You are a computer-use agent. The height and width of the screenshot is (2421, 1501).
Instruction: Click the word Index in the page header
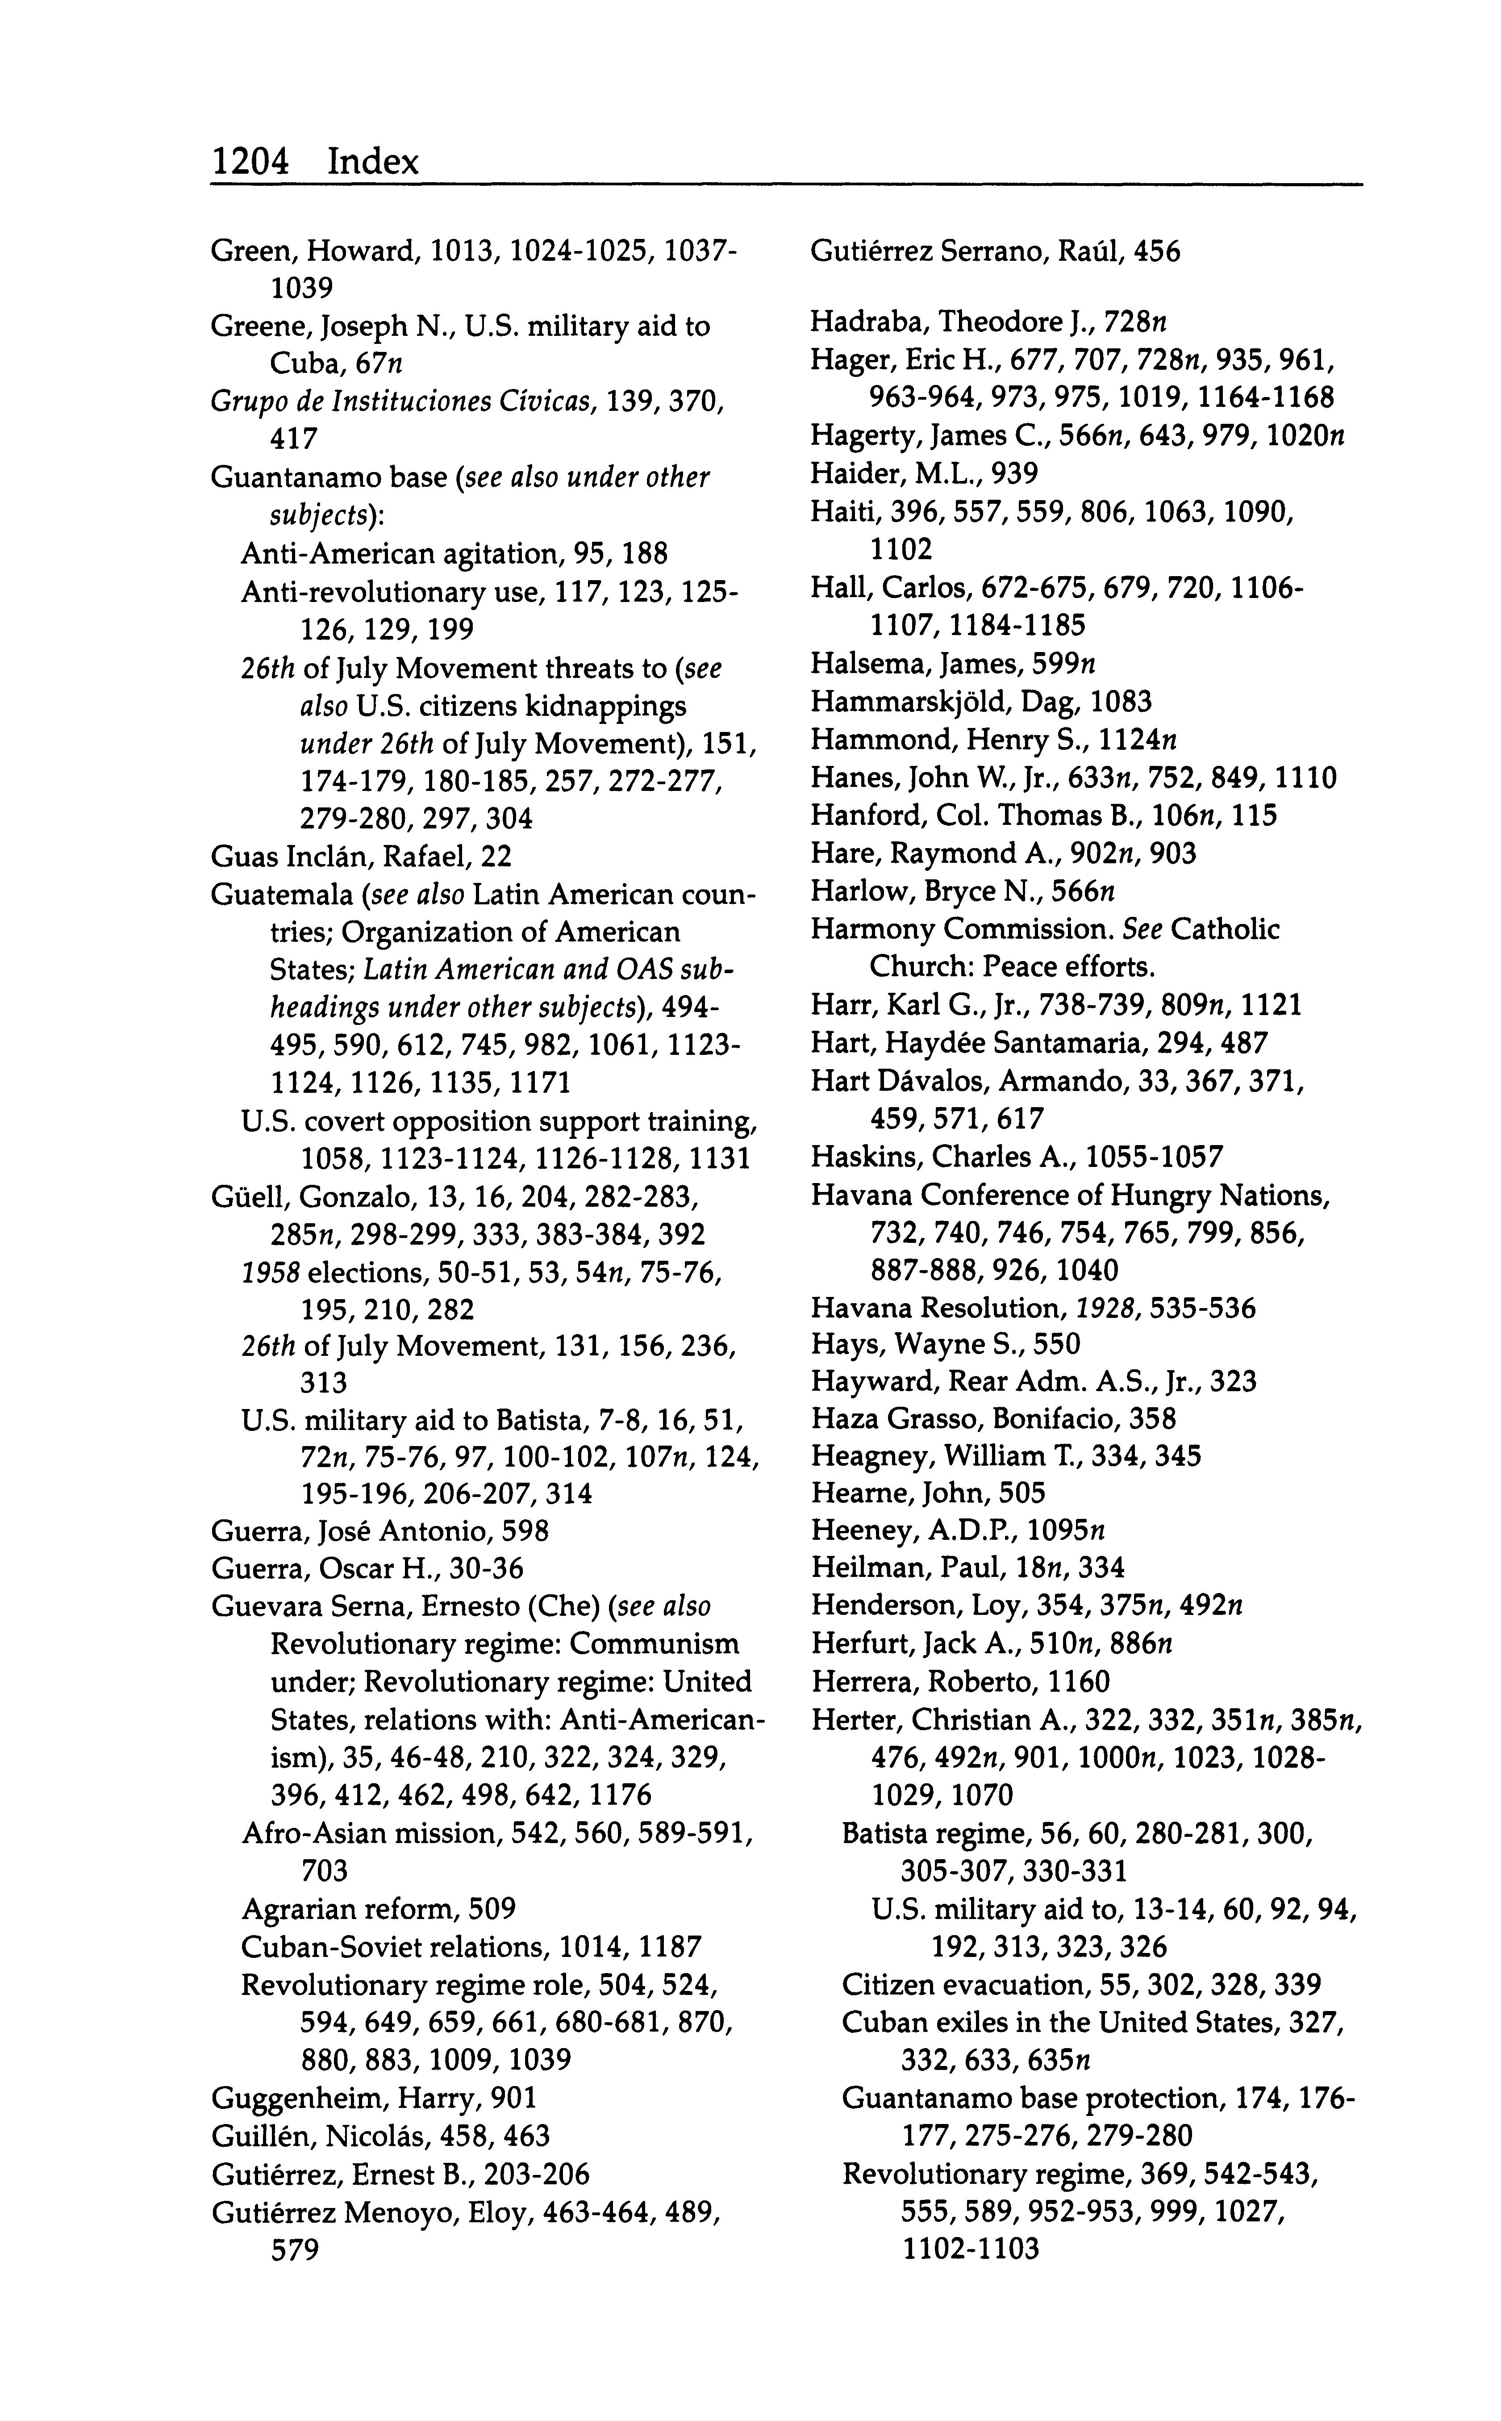coord(373,161)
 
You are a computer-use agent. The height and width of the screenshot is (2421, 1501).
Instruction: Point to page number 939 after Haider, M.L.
coord(1014,474)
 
